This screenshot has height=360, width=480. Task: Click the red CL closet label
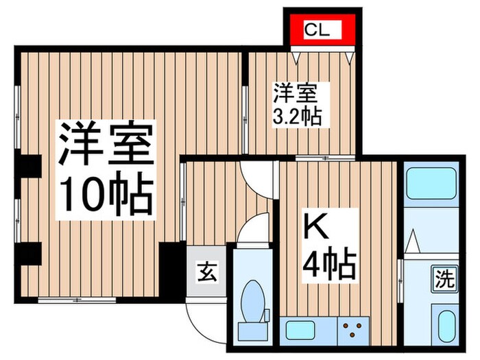click(318, 30)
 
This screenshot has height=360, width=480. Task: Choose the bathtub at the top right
click(431, 182)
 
